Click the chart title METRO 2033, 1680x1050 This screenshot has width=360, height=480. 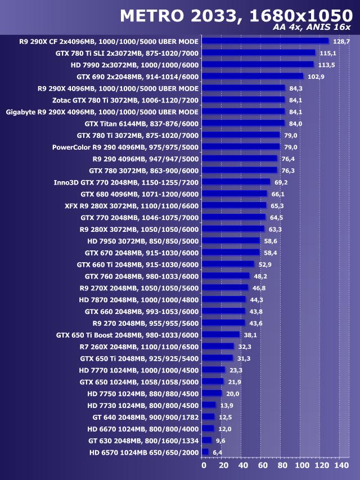[x=236, y=15]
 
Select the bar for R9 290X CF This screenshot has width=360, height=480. [x=265, y=41]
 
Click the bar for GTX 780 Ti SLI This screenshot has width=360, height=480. [x=258, y=53]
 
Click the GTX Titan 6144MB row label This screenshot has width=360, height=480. [x=141, y=123]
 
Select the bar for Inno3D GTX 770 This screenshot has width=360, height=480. [x=236, y=182]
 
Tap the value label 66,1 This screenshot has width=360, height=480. [x=278, y=194]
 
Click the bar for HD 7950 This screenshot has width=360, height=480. [x=231, y=240]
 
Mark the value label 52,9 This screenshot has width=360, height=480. [x=264, y=264]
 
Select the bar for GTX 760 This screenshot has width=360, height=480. [x=225, y=276]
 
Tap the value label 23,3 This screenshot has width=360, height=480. [x=236, y=370]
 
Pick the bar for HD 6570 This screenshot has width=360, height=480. [x=205, y=452]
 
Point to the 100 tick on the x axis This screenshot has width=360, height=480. [x=301, y=465]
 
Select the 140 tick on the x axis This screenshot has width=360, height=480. [x=341, y=465]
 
